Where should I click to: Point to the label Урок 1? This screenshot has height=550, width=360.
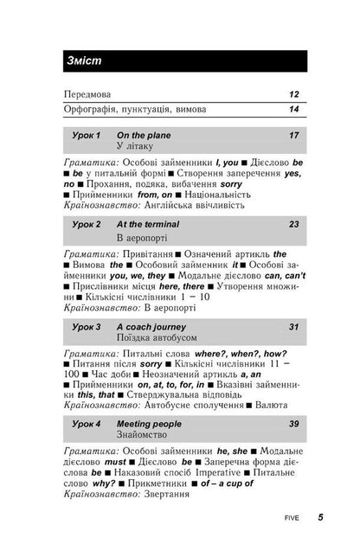pyautogui.click(x=86, y=136)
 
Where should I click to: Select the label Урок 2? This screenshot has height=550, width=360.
pyautogui.click(x=86, y=224)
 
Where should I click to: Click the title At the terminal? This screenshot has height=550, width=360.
pyautogui.click(x=150, y=224)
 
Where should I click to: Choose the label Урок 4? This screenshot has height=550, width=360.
pyautogui.click(x=86, y=425)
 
